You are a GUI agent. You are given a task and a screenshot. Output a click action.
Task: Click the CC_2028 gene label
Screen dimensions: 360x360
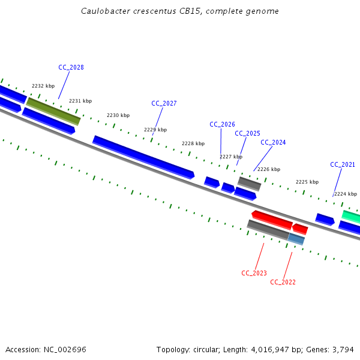pyautogui.click(x=71, y=67)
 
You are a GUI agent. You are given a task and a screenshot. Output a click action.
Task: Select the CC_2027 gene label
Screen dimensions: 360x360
pyautogui.click(x=164, y=103)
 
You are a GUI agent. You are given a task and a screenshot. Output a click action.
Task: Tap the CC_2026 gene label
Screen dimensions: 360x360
pyautogui.click(x=222, y=124)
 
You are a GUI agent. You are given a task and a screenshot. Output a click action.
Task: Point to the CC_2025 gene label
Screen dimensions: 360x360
pyautogui.click(x=247, y=133)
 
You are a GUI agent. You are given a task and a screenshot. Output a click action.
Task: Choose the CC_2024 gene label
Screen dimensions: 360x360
pyautogui.click(x=273, y=142)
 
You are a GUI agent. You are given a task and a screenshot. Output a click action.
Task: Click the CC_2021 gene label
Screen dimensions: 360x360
pyautogui.click(x=343, y=164)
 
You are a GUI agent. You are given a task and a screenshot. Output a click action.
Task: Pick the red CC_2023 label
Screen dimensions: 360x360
pyautogui.click(x=254, y=273)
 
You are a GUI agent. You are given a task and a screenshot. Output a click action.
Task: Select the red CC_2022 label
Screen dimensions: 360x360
pyautogui.click(x=283, y=282)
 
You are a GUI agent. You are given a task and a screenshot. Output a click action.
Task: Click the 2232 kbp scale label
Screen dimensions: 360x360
pyautogui.click(x=43, y=86)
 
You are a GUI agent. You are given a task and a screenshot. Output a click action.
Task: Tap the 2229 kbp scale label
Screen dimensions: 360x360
pyautogui.click(x=155, y=130)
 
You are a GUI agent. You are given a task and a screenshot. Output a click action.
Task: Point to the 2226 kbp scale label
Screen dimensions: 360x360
pyautogui.click(x=269, y=169)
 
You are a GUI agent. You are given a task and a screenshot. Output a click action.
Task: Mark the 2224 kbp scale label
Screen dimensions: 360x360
pyautogui.click(x=346, y=194)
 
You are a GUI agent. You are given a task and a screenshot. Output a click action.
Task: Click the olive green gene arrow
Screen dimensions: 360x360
pyautogui.click(x=53, y=111)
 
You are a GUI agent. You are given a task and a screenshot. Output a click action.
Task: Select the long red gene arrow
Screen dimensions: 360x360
pyautogui.click(x=272, y=220)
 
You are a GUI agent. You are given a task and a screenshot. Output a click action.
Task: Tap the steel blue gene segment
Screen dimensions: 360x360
pyautogui.click(x=296, y=239)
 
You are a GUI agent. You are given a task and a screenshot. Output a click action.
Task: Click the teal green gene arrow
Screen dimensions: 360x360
pyautogui.click(x=351, y=216)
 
